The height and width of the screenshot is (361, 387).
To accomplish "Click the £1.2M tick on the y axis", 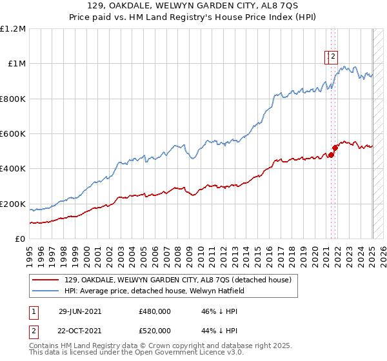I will [x=13, y=29].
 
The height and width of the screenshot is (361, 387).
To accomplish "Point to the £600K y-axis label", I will [x=13, y=134].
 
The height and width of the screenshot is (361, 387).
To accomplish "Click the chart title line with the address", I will [x=193, y=6].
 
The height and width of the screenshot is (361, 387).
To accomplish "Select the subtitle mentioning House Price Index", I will [x=193, y=18].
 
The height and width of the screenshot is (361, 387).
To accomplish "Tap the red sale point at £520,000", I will [x=335, y=148].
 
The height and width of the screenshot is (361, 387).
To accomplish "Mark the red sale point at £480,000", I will [x=332, y=155].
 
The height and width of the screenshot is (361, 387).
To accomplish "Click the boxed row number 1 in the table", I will [x=33, y=311].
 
